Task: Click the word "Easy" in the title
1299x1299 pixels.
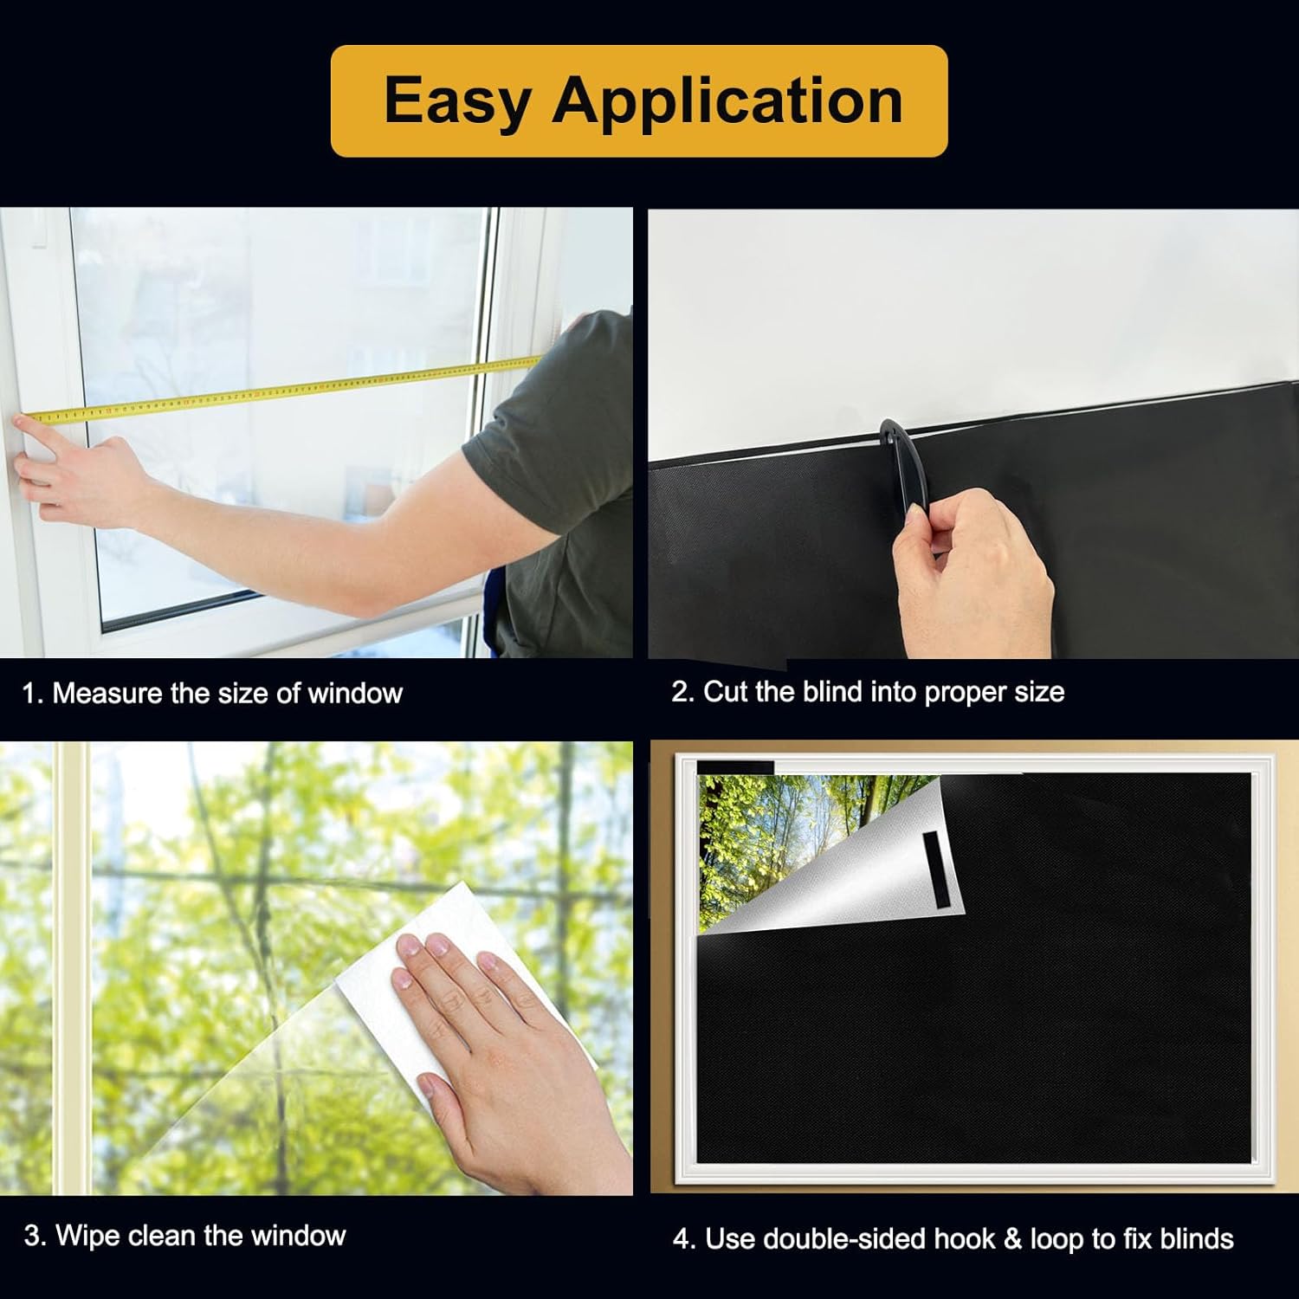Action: [456, 102]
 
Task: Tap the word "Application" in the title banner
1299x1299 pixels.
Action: [728, 102]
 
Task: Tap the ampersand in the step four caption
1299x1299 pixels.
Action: [1011, 1238]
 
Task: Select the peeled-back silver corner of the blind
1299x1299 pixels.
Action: [831, 866]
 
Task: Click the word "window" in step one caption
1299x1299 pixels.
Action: [355, 693]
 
